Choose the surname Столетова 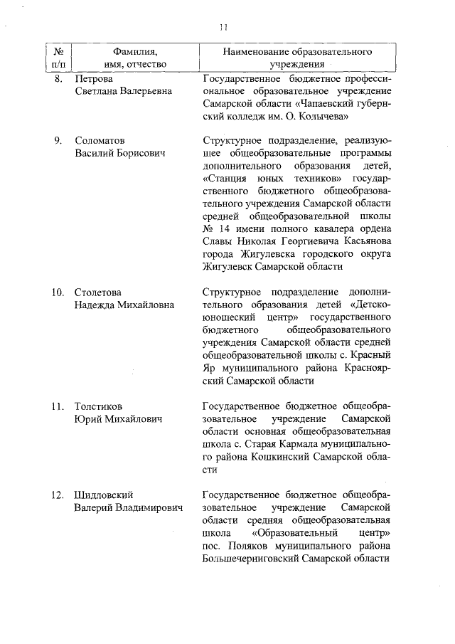click(97, 292)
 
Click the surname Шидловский click(105, 495)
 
